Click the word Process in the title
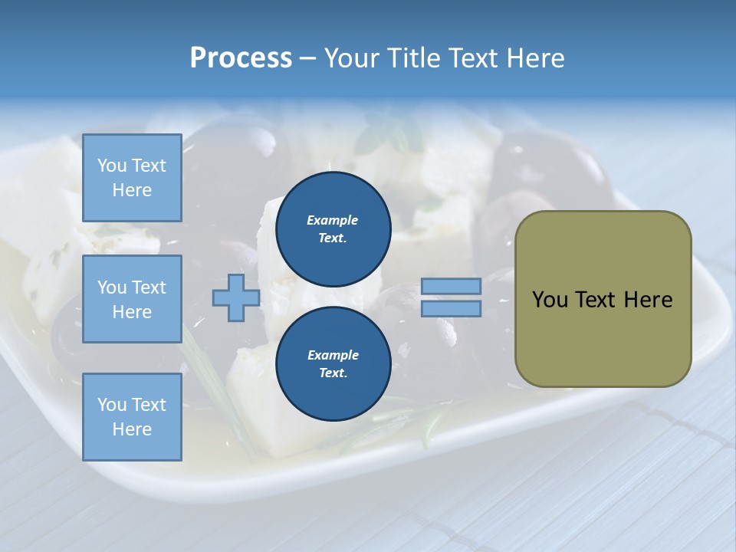pyautogui.click(x=241, y=58)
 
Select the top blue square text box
pyautogui.click(x=132, y=178)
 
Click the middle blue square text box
pyautogui.click(x=132, y=299)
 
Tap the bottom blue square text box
pyautogui.click(x=132, y=417)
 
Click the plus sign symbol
pyautogui.click(x=236, y=298)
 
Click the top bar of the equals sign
pyautogui.click(x=451, y=286)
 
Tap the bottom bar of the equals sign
pyautogui.click(x=451, y=308)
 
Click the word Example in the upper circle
pyautogui.click(x=333, y=220)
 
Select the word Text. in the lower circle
pyautogui.click(x=333, y=373)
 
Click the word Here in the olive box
pyautogui.click(x=648, y=300)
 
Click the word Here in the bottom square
pyautogui.click(x=132, y=429)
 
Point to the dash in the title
pyautogui.click(x=308, y=58)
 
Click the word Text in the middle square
pyautogui.click(x=148, y=287)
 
